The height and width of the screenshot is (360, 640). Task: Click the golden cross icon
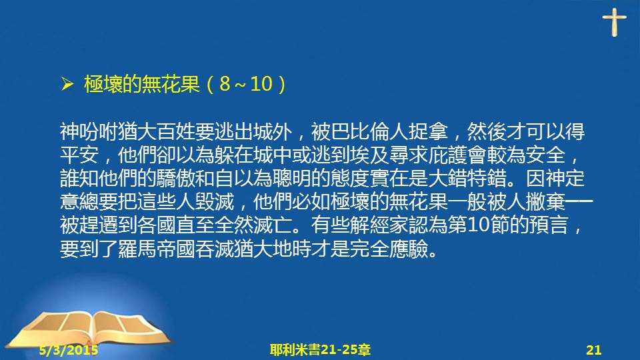(x=614, y=22)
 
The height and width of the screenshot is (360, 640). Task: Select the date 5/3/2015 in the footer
(x=69, y=350)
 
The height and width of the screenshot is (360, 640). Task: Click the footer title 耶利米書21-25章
(x=320, y=350)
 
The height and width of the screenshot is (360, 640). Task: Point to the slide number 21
(x=594, y=350)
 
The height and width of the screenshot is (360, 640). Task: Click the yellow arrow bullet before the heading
(x=67, y=84)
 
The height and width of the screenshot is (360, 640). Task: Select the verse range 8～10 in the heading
(x=246, y=84)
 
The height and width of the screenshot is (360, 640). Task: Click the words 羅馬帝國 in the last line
(x=156, y=249)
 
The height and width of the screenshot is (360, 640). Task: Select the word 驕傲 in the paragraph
(x=176, y=179)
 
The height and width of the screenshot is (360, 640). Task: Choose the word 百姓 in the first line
(x=176, y=131)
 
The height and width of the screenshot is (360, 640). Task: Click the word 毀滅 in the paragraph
(x=215, y=202)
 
